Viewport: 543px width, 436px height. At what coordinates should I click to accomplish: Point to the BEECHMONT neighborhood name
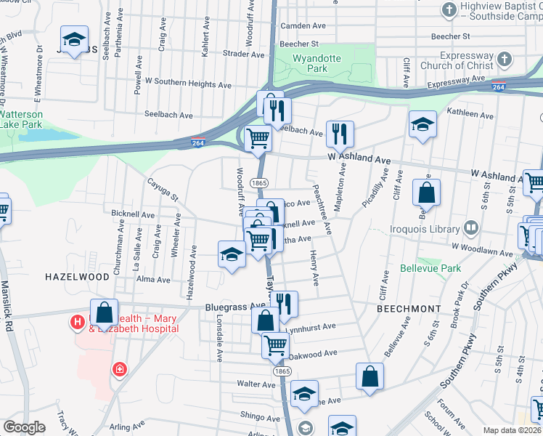pos(409,309)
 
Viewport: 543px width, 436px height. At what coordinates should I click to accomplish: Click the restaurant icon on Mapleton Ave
pos(340,134)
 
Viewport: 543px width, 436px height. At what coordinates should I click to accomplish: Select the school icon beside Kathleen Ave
pos(422,124)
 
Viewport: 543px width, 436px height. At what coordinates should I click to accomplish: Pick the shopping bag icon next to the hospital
pos(105,312)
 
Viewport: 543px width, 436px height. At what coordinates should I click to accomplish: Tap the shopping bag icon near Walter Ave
pos(370,376)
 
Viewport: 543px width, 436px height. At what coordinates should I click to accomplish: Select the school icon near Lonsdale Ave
pos(232,254)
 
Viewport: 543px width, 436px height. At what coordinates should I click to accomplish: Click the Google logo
pos(24,427)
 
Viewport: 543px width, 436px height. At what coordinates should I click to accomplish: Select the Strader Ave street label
pos(243,53)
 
